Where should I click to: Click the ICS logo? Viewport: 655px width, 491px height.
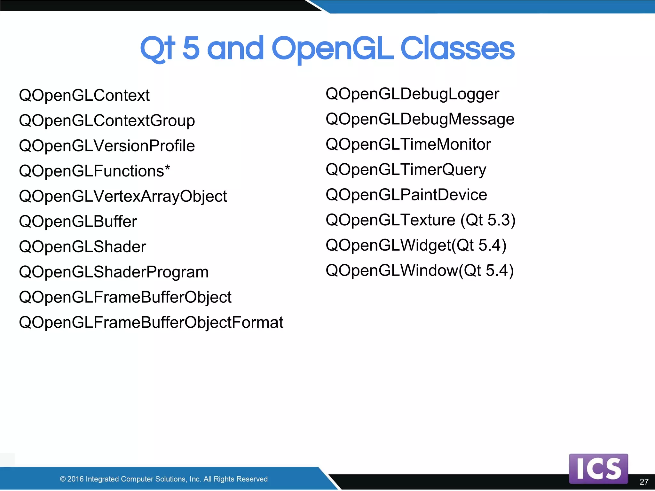[x=598, y=468]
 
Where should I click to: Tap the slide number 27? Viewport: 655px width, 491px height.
[x=644, y=482]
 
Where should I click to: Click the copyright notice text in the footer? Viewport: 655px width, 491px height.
[x=164, y=479]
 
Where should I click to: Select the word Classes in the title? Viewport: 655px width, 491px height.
[x=457, y=48]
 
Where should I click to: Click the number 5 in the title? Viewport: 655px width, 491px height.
[x=191, y=48]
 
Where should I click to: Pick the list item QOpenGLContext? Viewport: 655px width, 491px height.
[x=84, y=95]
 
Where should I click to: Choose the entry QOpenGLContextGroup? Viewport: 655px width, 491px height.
[x=107, y=121]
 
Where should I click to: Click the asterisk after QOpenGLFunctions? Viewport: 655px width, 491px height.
[x=167, y=168]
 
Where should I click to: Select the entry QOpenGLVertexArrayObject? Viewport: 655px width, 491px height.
[x=123, y=196]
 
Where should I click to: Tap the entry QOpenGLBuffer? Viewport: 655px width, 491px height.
[x=78, y=222]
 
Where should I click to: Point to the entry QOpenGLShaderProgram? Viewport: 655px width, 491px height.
[x=114, y=272]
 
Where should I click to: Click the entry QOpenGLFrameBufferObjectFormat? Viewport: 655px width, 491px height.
[x=151, y=322]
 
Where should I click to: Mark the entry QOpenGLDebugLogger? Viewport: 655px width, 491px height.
[x=412, y=94]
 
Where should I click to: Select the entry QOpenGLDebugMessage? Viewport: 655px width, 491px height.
[x=420, y=119]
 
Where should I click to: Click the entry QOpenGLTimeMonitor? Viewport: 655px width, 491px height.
[x=408, y=144]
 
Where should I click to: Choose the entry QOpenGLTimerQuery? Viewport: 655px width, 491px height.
[x=406, y=169]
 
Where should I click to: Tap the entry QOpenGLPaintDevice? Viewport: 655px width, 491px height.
[x=406, y=195]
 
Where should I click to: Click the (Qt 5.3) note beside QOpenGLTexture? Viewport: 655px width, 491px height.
[x=488, y=220]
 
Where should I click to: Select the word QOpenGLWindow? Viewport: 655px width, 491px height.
[x=392, y=270]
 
